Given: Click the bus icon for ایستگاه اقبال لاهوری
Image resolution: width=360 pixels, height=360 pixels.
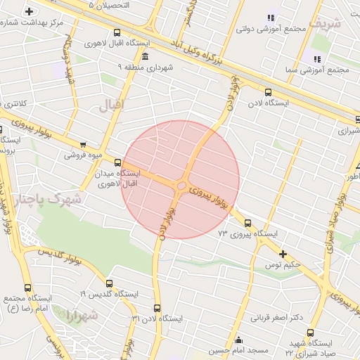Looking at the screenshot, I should coord(117,32).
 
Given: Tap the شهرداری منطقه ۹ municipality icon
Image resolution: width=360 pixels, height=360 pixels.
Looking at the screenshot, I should coord(145,56).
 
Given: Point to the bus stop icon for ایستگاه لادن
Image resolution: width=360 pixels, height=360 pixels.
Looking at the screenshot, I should coord(268,91).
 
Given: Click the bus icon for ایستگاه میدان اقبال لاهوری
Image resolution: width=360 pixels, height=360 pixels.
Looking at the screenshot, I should coord(117,162).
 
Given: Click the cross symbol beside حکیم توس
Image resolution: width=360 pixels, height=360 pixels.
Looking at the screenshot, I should coord(283,253).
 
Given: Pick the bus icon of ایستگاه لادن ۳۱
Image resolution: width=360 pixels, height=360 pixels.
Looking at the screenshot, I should coord(157,307).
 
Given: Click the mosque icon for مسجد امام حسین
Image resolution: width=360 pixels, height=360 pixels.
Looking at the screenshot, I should coord(238,340).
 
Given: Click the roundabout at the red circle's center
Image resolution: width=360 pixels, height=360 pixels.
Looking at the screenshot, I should coord(181,186).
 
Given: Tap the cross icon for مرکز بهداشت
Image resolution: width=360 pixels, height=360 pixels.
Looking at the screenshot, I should coord(29,11).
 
